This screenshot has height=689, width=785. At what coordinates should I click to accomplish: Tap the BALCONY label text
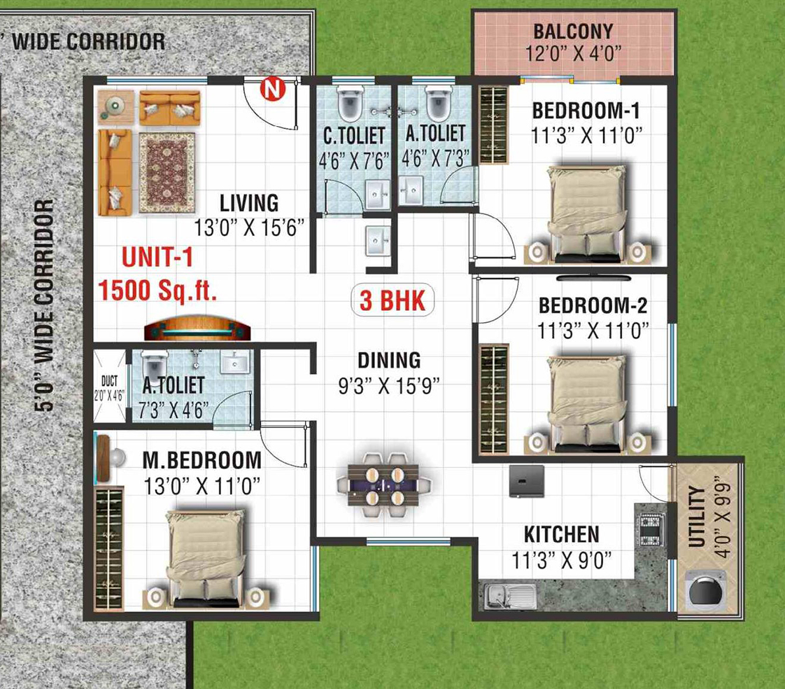(573, 31)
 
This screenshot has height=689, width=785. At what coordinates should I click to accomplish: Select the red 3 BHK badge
(392, 300)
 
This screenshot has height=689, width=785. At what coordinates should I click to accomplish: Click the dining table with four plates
(383, 485)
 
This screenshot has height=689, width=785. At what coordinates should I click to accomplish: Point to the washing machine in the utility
(706, 590)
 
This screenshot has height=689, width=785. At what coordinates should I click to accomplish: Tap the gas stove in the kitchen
(652, 531)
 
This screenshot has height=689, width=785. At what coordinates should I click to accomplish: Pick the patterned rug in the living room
(167, 172)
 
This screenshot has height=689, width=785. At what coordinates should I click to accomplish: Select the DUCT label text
(110, 381)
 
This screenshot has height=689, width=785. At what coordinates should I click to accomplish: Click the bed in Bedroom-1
(586, 214)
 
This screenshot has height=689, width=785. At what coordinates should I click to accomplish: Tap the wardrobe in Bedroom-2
(494, 399)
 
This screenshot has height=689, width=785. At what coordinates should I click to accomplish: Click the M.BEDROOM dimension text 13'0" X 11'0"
(201, 485)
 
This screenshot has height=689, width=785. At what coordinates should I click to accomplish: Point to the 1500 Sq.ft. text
(157, 290)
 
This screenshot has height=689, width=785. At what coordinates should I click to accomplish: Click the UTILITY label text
(696, 516)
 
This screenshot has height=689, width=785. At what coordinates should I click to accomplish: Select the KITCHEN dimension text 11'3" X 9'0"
(561, 560)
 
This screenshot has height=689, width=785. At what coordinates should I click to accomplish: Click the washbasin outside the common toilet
(378, 241)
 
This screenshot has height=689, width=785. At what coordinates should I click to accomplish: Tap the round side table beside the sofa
(115, 106)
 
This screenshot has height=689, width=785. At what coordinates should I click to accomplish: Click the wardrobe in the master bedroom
(108, 548)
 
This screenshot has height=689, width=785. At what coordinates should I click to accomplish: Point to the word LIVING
(249, 203)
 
